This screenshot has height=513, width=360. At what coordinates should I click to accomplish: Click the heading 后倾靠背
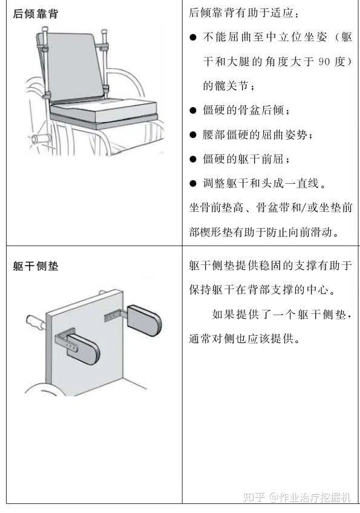coord(36,14)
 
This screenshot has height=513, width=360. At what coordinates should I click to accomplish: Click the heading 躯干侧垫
coord(36,266)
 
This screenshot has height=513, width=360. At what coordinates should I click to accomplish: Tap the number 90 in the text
coord(324,61)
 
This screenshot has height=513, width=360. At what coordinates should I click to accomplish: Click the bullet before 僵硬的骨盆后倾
coord(193,110)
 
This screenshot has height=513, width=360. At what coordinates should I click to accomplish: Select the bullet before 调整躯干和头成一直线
coord(193,183)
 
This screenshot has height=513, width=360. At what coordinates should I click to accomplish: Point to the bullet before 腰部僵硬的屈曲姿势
coord(193,135)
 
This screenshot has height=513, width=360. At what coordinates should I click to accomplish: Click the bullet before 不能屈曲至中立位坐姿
coord(193,37)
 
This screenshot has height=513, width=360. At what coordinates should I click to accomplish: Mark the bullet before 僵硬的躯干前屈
coord(193,159)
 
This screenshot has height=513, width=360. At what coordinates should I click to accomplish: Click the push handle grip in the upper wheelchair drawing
coord(41,139)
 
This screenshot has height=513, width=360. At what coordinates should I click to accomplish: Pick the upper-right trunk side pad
coord(145,320)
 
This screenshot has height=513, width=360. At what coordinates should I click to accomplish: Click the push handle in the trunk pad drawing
coord(35,322)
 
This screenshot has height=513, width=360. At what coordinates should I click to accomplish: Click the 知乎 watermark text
coord(254,498)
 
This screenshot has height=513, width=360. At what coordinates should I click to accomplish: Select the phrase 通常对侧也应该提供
coord(241,339)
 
